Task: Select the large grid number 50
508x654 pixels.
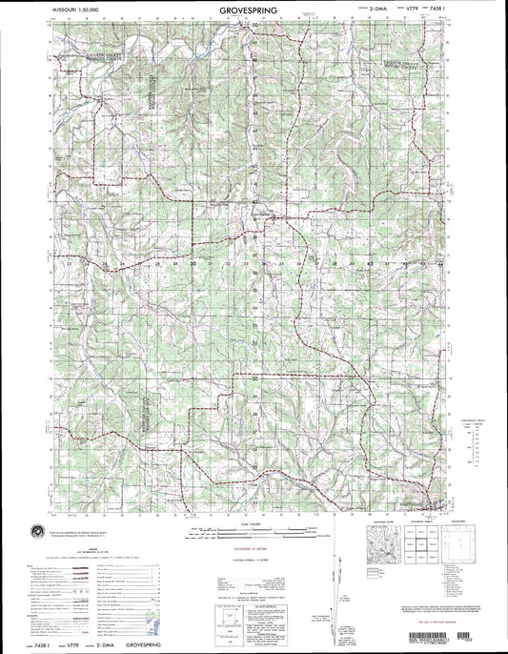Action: click(255, 26)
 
